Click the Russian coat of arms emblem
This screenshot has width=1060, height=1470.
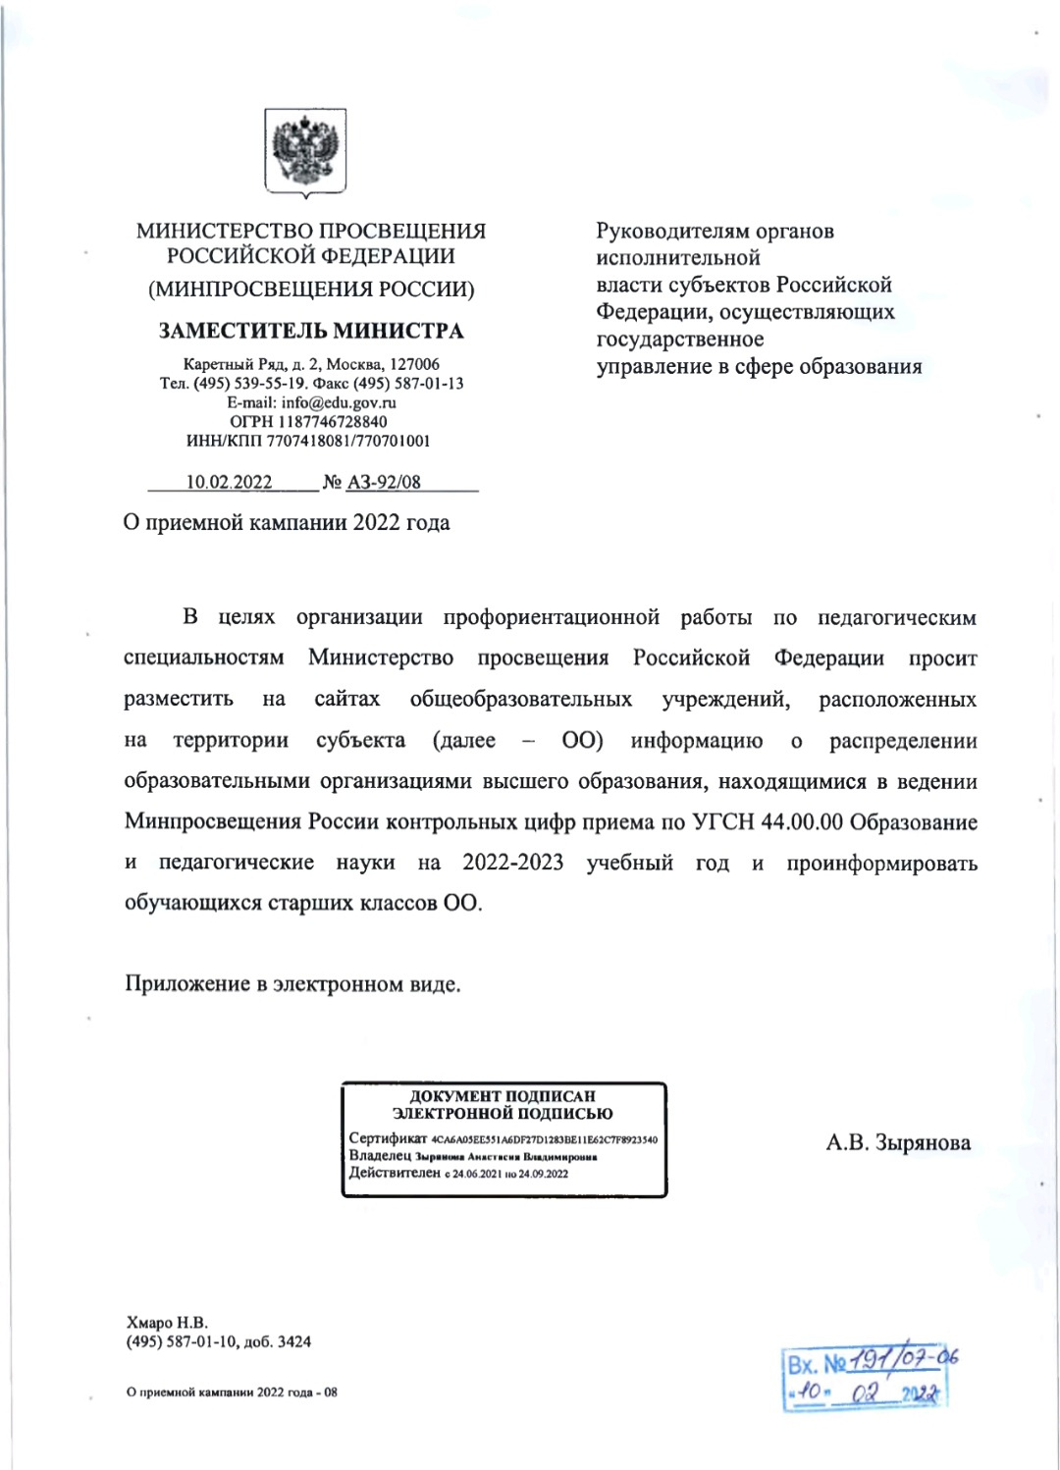pyautogui.click(x=304, y=152)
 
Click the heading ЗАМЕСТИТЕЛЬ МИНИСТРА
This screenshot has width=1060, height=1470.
pyautogui.click(x=311, y=331)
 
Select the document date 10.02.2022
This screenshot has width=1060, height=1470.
pyautogui.click(x=229, y=482)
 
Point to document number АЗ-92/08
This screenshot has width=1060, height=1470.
pyautogui.click(x=384, y=482)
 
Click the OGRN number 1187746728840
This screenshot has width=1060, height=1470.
pyautogui.click(x=332, y=422)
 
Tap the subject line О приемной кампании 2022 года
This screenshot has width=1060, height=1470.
pyautogui.click(x=287, y=523)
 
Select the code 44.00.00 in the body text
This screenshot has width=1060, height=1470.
pyautogui.click(x=801, y=822)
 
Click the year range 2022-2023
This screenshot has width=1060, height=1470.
pyautogui.click(x=513, y=863)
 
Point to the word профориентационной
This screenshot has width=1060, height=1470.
pyautogui.click(x=551, y=617)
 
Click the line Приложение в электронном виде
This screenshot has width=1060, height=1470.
pyautogui.click(x=292, y=984)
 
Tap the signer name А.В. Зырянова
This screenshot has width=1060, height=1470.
pyautogui.click(x=898, y=1142)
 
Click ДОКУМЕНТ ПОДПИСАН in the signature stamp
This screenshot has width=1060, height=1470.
pyautogui.click(x=503, y=1096)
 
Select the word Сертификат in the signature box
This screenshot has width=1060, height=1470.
pyautogui.click(x=388, y=1138)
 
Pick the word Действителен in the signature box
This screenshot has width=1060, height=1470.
pyautogui.click(x=395, y=1173)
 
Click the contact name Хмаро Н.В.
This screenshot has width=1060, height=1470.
pyautogui.click(x=167, y=1323)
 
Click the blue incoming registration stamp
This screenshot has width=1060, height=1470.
pyautogui.click(x=867, y=1378)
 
